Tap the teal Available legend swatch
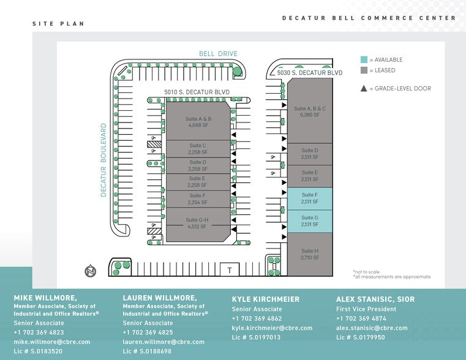click(x=364, y=59)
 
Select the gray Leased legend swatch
click(x=364, y=70)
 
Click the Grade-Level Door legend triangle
click(x=364, y=89)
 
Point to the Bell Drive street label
click(x=218, y=54)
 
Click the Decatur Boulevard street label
click(x=104, y=160)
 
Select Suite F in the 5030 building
click(x=309, y=198)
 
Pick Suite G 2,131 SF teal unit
click(x=309, y=221)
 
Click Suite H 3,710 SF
click(x=309, y=254)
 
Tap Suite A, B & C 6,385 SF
click(x=309, y=111)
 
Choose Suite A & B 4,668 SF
click(x=199, y=122)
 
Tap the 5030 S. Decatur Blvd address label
click(x=309, y=73)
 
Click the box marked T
click(x=229, y=269)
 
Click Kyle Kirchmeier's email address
click(x=272, y=328)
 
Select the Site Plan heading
click(x=58, y=23)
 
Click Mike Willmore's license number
click(x=38, y=351)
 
